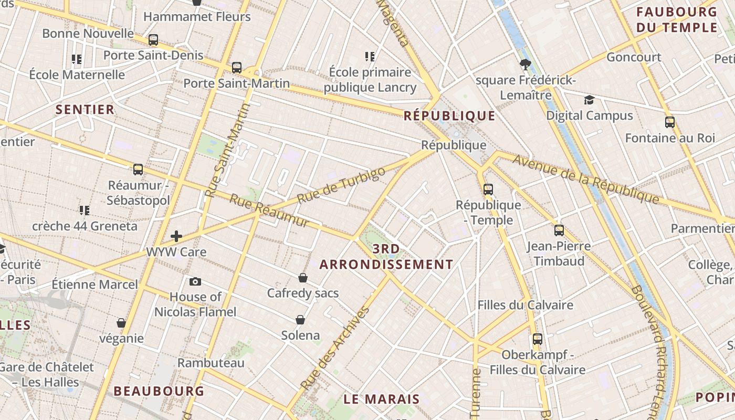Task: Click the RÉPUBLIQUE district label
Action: [449, 116]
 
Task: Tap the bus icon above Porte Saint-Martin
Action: [237, 68]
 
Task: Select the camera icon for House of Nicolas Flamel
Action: [195, 282]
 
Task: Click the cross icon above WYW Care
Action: [176, 236]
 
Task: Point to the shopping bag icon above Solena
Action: [300, 320]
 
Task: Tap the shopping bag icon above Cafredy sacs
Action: [303, 278]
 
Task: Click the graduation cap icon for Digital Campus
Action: [590, 100]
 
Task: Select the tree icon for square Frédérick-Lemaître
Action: [524, 65]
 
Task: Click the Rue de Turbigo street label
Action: [341, 186]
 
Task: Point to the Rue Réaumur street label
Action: [269, 212]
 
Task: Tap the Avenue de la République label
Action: [586, 178]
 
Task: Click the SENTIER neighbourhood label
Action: [85, 110]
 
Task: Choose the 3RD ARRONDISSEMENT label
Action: [386, 257]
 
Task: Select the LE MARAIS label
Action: [382, 399]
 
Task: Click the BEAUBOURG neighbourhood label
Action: [159, 391]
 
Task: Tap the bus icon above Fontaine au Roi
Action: [670, 122]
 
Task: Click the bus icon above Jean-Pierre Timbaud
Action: [559, 230]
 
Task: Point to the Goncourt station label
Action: [634, 57]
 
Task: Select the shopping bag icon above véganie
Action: [121, 323]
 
